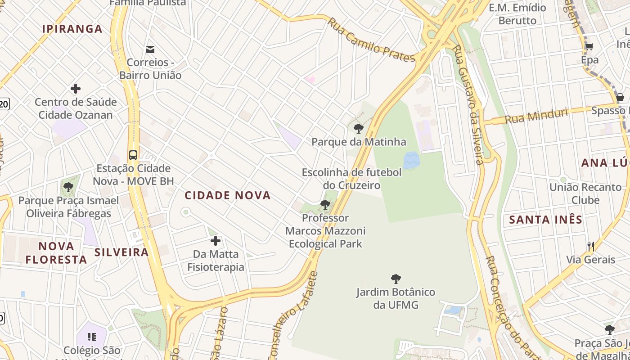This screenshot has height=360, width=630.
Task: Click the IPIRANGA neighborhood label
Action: coord(72,29)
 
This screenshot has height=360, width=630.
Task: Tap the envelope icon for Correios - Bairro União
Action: coord(150,49)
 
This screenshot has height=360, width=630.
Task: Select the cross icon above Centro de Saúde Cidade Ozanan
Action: coord(76,89)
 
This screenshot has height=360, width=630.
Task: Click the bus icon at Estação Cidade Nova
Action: coord(133,155)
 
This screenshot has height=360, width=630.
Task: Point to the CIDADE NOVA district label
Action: coord(228,195)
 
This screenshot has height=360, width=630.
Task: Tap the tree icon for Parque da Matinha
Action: coord(359,129)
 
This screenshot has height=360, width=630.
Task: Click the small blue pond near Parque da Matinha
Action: coord(411,161)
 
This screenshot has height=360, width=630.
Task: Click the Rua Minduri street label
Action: coord(536,116)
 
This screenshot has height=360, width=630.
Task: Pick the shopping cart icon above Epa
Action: coord(589,46)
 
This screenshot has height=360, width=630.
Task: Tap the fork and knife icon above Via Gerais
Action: coord(591,246)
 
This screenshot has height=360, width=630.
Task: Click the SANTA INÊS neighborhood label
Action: coord(545,220)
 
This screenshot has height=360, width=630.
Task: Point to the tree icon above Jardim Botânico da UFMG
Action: coord(396,279)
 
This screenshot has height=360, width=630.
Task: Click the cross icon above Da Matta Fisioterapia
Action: coord(216,241)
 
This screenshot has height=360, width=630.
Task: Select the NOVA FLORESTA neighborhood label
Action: coord(56,253)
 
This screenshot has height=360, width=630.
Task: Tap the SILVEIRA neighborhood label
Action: coord(121,252)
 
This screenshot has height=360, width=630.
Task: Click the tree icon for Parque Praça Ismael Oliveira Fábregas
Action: coord(68,187)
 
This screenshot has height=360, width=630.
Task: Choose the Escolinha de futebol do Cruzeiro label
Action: coord(351,179)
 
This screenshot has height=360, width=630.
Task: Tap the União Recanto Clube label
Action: coord(585,193)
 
